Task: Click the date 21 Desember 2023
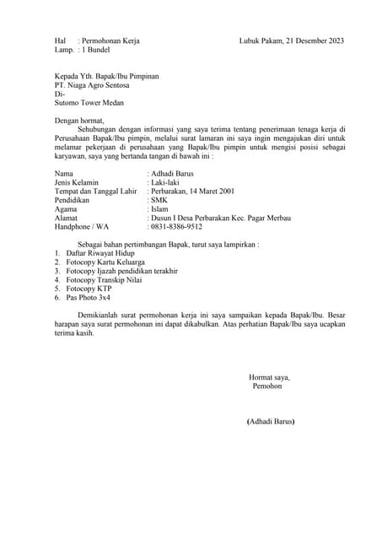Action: click(x=315, y=40)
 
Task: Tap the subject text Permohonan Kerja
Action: click(x=110, y=40)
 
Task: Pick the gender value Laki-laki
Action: click(x=168, y=182)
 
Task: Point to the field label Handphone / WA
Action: click(x=82, y=226)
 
